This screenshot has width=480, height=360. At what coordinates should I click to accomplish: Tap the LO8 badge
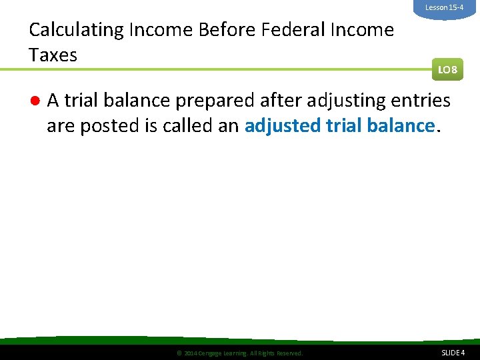pos(447,69)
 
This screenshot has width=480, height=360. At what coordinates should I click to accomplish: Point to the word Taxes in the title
pos(53,55)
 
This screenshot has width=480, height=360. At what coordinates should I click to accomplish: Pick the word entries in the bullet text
pos(419,101)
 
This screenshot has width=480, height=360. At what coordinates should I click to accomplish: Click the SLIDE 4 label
pos(453,353)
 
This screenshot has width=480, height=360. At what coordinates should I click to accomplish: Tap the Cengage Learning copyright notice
pos(239,353)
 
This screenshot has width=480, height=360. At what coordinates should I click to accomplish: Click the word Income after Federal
pos(359,31)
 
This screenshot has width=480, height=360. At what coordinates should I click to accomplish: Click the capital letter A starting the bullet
pos(53,101)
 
